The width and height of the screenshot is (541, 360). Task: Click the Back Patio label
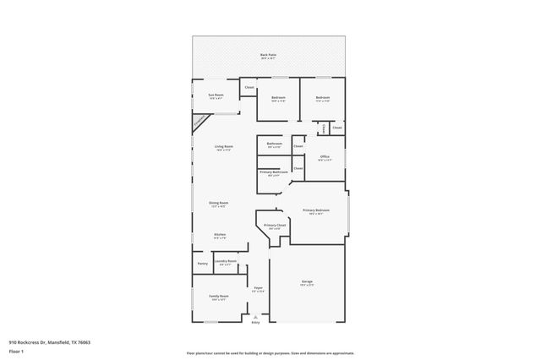pos(268,55)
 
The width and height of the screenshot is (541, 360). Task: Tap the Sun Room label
pos(216,95)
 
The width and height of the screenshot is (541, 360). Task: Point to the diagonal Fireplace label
pos(199,123)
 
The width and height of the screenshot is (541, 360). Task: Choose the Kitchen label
pos(220,235)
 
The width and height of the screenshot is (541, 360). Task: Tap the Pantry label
pos(203,264)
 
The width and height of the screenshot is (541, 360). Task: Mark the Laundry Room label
pos(226,263)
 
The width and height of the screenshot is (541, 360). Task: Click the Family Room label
pos(219,296)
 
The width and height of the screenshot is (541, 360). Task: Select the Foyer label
pos(259,289)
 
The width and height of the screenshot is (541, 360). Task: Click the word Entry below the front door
pos(256,322)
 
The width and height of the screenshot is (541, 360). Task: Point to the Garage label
pos(307,281)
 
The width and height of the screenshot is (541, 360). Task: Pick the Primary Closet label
pos(275,226)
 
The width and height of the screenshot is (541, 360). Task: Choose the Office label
pos(324,156)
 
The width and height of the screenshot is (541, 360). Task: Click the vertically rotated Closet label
pos(325,128)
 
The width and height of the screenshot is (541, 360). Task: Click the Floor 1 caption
pos(16,350)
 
